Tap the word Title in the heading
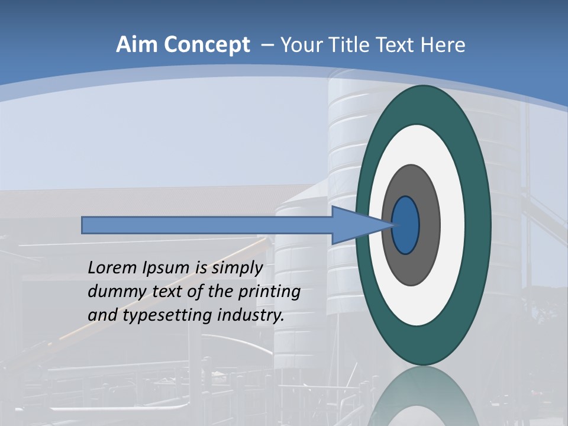(x=350, y=44)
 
